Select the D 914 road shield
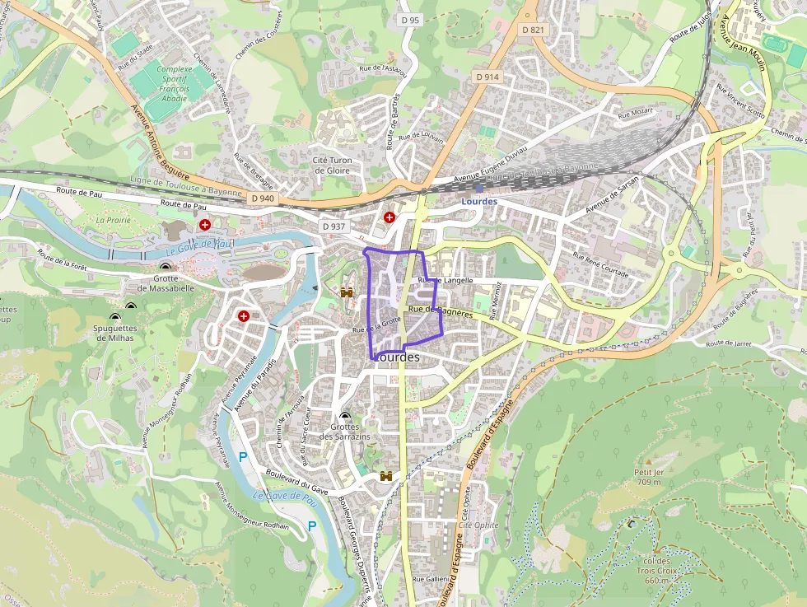(487, 77)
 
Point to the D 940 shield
(262, 198)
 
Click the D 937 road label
(334, 226)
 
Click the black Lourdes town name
(397, 357)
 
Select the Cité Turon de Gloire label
(331, 165)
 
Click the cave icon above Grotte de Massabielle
(166, 267)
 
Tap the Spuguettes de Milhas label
(114, 333)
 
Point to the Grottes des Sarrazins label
(345, 431)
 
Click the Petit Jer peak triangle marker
(648, 462)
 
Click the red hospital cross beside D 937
(389, 217)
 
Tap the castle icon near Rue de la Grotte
(347, 292)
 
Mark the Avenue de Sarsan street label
(612, 198)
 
